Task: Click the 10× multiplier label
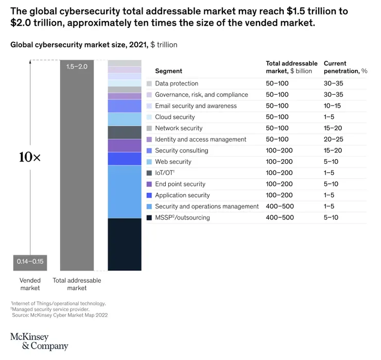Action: click(x=29, y=158)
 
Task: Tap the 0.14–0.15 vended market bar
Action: click(x=30, y=262)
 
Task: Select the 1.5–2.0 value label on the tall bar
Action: click(x=77, y=66)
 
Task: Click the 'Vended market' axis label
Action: click(x=30, y=284)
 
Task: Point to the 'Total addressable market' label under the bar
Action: click(x=77, y=284)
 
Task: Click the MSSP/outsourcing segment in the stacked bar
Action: click(x=124, y=244)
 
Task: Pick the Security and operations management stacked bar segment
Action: click(x=124, y=192)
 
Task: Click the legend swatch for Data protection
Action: click(x=149, y=83)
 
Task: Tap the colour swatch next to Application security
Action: click(x=149, y=195)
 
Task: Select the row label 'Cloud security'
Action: click(x=175, y=117)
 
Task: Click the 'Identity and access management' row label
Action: click(x=200, y=140)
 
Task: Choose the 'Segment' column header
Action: click(x=168, y=71)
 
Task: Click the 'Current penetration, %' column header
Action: click(x=345, y=67)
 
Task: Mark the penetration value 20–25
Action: click(x=333, y=140)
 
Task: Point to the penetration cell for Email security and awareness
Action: click(x=333, y=106)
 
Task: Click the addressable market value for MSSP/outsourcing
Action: click(x=280, y=218)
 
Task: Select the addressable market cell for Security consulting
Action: click(x=280, y=151)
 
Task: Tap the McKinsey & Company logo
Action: click(x=39, y=341)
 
